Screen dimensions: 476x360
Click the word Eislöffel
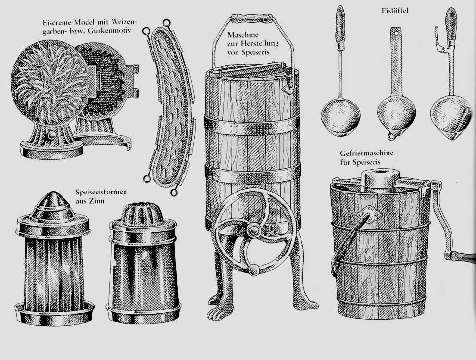pyautogui.click(x=395, y=11)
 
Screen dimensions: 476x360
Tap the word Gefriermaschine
pyautogui.click(x=366, y=153)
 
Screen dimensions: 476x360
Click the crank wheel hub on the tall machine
pyautogui.click(x=253, y=230)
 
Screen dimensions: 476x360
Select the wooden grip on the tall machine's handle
pyautogui.click(x=251, y=18)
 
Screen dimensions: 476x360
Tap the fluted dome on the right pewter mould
pyautogui.click(x=142, y=212)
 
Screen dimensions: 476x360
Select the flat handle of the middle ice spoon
pyautogui.click(x=396, y=61)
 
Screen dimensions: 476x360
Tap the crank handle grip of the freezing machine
pyautogui.click(x=463, y=256)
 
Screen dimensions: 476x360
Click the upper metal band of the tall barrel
pyautogui.click(x=252, y=125)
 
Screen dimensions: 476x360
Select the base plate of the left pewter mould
pyautogui.click(x=54, y=313)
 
